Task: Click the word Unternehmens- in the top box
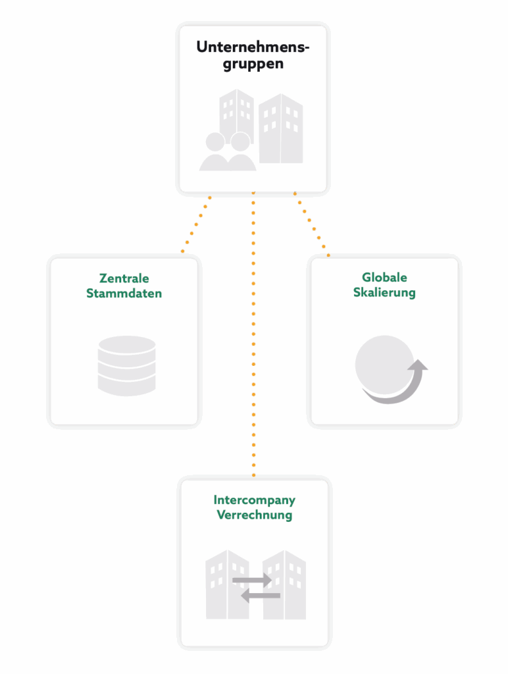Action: pyautogui.click(x=253, y=48)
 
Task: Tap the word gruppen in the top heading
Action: pyautogui.click(x=253, y=65)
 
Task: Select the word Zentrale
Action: pyautogui.click(x=124, y=278)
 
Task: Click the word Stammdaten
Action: pyautogui.click(x=124, y=294)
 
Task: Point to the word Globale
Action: pyautogui.click(x=384, y=277)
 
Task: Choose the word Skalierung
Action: pyautogui.click(x=384, y=292)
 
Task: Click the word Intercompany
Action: pyautogui.click(x=254, y=500)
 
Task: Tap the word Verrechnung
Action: pyautogui.click(x=254, y=515)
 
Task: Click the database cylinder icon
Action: pyautogui.click(x=126, y=366)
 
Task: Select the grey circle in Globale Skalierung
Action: pyautogui.click(x=383, y=363)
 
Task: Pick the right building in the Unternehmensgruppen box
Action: pyautogui.click(x=281, y=129)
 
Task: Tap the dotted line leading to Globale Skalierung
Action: pyautogui.click(x=312, y=225)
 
